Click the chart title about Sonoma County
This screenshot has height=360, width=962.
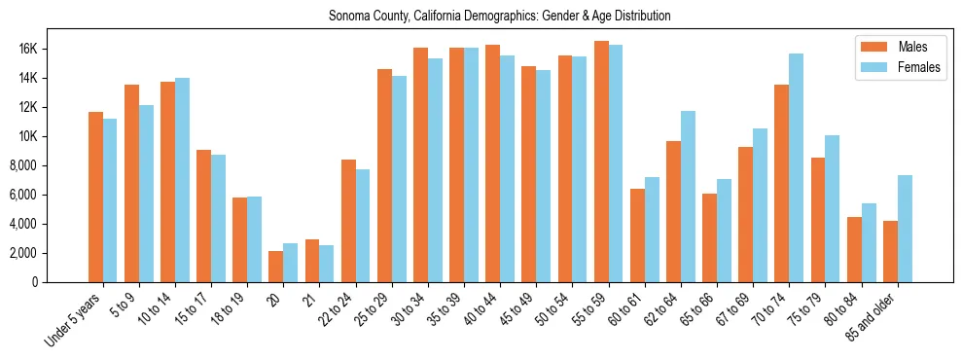pyautogui.click(x=499, y=17)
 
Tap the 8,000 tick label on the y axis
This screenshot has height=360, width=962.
pyautogui.click(x=48, y=165)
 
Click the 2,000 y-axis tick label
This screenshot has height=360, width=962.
pyautogui.click(x=48, y=253)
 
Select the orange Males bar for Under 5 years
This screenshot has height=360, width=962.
pyautogui.click(x=95, y=198)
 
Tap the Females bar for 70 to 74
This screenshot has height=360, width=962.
pyautogui.click(x=797, y=167)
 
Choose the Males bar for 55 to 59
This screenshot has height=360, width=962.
pyautogui.click(x=601, y=162)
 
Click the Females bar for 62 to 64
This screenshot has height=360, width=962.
pyautogui.click(x=688, y=197)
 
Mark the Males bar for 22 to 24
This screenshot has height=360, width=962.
pyautogui.click(x=348, y=221)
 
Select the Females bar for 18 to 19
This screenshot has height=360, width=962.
pyautogui.click(x=254, y=239)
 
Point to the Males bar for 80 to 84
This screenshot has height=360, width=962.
pyautogui.click(x=854, y=249)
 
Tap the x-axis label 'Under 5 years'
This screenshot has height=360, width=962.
pyautogui.click(x=74, y=321)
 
